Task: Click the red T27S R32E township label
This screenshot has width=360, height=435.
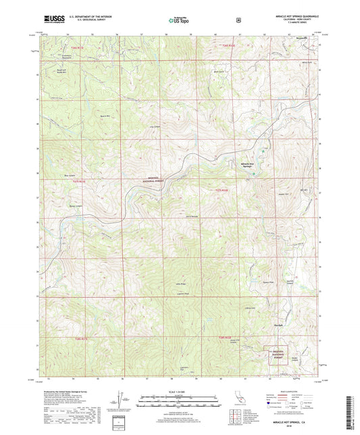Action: [x=231, y=191]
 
